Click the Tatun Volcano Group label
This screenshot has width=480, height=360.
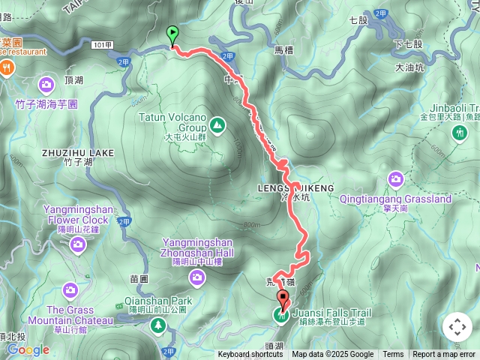tap(172, 122)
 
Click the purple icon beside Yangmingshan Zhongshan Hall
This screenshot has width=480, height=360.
tap(197, 278)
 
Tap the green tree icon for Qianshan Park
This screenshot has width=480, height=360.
tap(158, 325)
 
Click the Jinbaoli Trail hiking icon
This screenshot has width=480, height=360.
tap(459, 133)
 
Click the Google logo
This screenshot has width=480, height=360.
tap(28, 349)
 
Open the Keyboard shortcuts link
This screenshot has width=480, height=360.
tap(250, 355)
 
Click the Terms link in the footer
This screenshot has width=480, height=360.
tap(393, 355)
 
